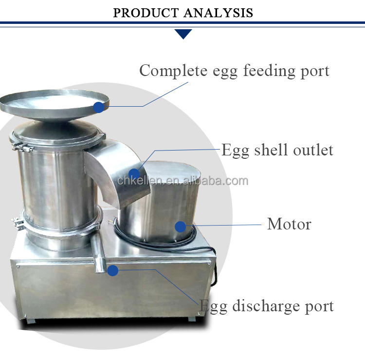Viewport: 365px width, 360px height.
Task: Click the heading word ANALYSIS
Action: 219,12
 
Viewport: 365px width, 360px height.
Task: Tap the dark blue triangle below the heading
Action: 183,34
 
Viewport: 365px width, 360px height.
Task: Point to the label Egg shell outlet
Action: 277,150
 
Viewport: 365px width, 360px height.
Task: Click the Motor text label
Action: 289,224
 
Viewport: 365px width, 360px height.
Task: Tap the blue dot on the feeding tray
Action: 99,107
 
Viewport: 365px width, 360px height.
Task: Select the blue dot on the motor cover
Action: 181,227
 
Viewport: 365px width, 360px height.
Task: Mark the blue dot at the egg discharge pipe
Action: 113,270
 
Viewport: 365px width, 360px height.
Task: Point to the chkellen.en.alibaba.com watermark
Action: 182,182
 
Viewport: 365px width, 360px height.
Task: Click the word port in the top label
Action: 314,71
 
